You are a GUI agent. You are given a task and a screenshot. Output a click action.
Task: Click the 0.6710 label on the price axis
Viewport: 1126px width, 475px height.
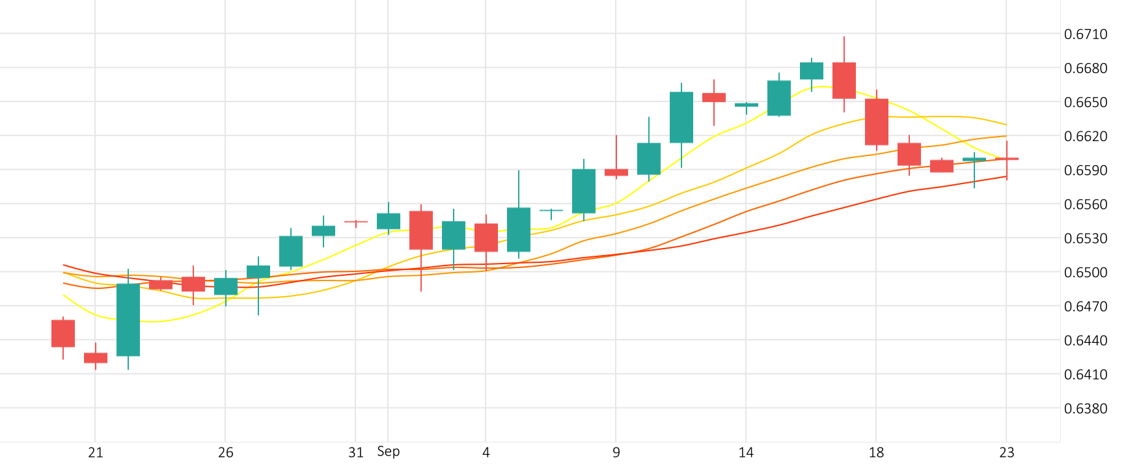click(1085, 34)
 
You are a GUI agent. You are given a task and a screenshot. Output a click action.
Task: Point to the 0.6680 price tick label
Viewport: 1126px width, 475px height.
click(1085, 68)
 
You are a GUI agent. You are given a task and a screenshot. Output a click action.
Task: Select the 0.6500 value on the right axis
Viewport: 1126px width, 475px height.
click(1085, 273)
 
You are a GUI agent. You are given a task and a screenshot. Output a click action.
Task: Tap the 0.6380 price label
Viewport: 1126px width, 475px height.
click(1085, 409)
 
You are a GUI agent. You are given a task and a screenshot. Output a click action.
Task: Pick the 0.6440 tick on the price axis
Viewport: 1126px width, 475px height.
click(1085, 340)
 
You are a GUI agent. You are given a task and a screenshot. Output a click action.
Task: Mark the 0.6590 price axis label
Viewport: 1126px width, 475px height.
click(1085, 170)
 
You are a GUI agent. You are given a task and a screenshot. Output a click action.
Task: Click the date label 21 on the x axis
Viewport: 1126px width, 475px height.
click(96, 453)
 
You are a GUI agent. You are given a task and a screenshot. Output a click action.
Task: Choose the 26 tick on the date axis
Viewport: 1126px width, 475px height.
click(226, 453)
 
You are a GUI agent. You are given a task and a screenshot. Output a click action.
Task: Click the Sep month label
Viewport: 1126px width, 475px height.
click(389, 452)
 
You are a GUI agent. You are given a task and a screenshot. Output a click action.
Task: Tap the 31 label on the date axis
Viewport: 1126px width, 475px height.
click(355, 453)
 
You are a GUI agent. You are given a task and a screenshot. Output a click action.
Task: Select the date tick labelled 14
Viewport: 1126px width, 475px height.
click(746, 453)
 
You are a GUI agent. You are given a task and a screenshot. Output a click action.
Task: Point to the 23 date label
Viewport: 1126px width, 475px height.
click(1006, 453)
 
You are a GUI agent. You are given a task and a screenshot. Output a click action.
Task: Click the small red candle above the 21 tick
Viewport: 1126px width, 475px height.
click(96, 358)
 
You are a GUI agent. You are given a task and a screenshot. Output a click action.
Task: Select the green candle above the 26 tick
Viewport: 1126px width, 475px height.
click(226, 286)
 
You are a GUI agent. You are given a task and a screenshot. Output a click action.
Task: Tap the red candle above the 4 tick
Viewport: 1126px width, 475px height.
click(486, 238)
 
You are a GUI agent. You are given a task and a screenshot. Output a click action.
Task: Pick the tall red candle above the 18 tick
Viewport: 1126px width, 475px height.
click(877, 122)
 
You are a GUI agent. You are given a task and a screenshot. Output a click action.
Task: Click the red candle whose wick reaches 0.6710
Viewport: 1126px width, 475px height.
click(844, 80)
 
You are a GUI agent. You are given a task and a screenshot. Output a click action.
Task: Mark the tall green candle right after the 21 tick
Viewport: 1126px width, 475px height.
click(128, 319)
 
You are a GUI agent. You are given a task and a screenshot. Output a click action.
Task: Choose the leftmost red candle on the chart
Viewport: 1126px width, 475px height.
click(63, 333)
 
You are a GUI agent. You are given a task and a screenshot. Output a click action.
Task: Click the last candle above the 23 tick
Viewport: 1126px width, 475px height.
click(1007, 159)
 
